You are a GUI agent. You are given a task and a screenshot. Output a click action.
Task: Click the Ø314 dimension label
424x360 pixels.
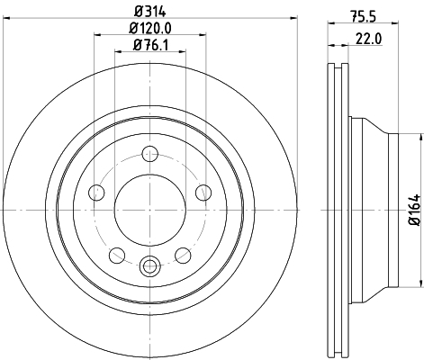point(150,11)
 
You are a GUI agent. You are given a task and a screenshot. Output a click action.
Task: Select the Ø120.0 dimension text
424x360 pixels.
point(150,29)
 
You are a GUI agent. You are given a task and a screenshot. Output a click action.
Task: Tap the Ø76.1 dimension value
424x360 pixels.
point(150,45)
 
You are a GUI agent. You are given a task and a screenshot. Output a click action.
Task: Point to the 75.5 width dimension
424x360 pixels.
point(363,15)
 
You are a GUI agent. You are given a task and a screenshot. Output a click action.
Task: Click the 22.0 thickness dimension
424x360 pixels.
point(369,39)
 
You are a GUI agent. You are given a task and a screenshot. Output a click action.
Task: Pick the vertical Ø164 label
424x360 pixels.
point(415,210)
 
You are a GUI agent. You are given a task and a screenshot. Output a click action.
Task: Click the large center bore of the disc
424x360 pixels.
point(149,210)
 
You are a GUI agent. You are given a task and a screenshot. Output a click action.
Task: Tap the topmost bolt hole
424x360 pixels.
point(149,154)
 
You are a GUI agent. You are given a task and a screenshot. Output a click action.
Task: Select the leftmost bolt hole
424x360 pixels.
point(96,193)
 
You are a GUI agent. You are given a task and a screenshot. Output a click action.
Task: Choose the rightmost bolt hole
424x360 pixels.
point(203,193)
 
